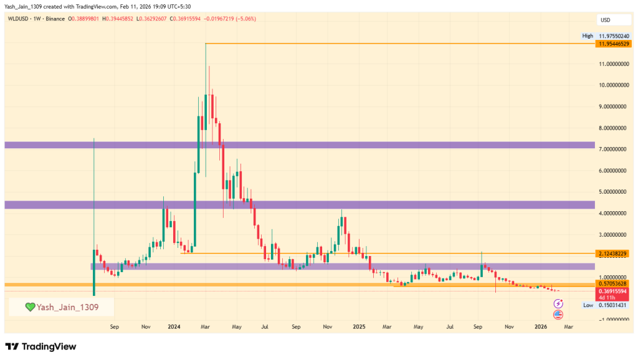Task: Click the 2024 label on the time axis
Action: point(174,326)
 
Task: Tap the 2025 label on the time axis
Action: point(358,326)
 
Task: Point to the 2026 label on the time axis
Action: point(541,326)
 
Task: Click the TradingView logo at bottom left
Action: point(41,346)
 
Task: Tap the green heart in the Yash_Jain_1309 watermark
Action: point(29,306)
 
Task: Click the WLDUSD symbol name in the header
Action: point(19,19)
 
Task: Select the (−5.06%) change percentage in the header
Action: point(244,19)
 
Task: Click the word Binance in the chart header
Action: point(59,19)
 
